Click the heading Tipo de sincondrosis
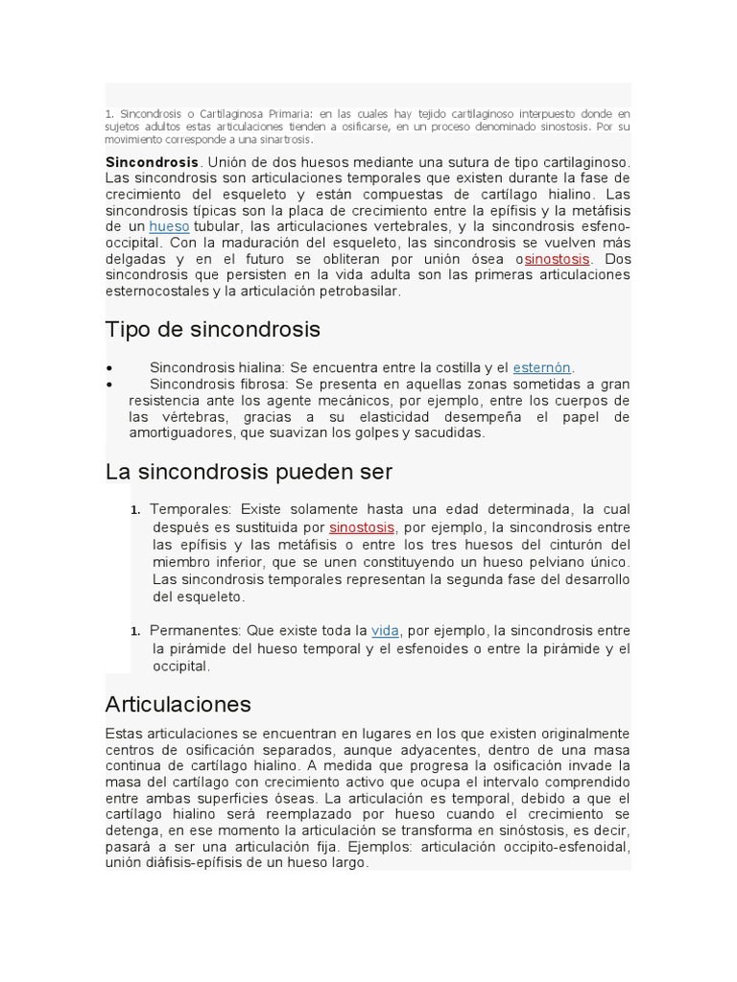(x=212, y=330)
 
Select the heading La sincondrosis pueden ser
(x=249, y=472)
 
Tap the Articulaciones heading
(x=178, y=705)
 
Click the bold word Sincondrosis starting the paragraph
(x=152, y=162)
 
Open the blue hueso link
(x=169, y=226)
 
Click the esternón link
(x=541, y=367)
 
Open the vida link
(x=385, y=630)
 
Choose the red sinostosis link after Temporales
(x=362, y=527)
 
